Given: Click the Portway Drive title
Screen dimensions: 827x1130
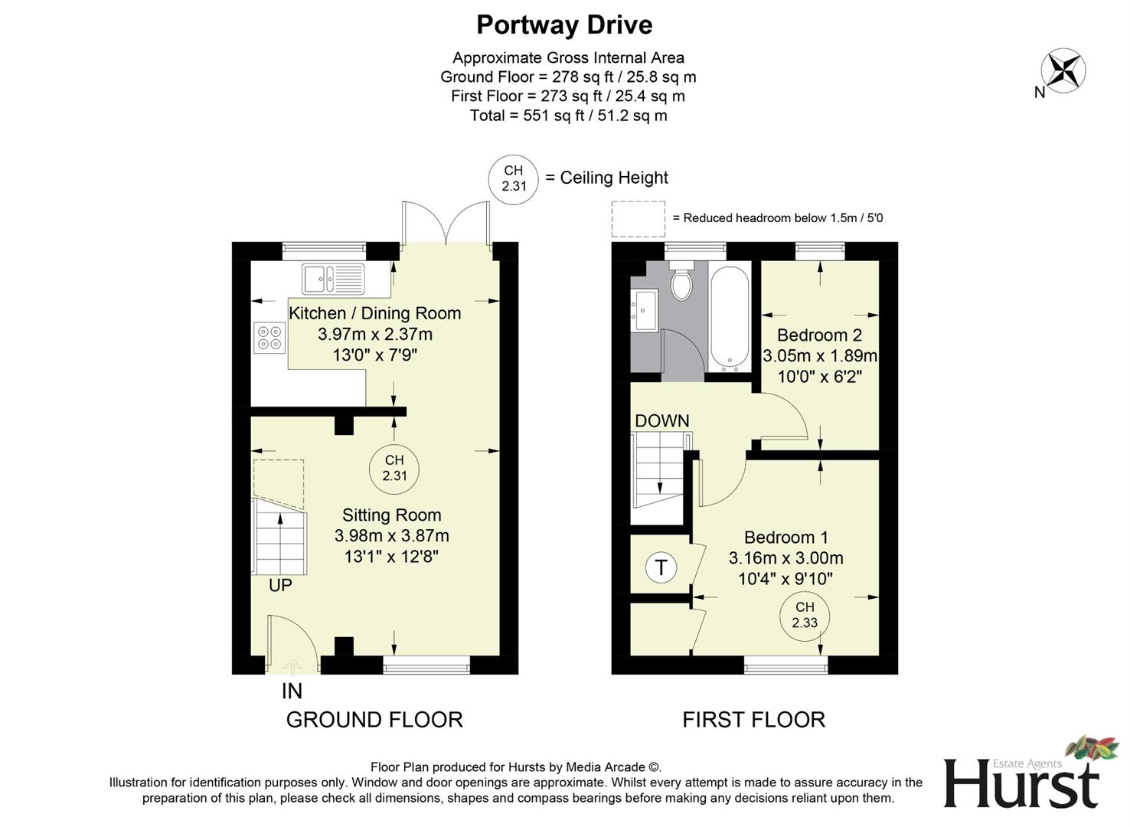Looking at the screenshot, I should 564,25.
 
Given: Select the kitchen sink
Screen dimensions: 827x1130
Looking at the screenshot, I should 334,279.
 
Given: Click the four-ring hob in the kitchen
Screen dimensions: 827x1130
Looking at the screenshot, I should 269,337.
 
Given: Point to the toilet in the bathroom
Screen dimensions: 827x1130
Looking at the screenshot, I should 681,283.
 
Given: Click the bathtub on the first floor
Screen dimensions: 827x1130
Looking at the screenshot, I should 730,318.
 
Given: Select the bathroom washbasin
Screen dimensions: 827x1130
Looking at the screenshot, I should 643,310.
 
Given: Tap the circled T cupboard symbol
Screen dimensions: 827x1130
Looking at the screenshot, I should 661,568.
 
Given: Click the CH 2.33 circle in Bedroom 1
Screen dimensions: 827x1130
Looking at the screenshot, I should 805,615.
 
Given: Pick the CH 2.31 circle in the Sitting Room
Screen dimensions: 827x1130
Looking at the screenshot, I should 394,468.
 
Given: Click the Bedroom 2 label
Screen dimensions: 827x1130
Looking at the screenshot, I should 819,335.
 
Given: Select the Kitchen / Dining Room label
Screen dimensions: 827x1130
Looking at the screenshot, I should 374,313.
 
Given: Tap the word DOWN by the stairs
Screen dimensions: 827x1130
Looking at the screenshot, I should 661,420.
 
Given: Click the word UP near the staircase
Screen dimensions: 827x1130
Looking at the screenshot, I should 280,585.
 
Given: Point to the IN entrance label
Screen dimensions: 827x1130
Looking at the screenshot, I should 292,691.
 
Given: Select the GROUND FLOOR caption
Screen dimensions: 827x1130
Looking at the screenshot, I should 374,720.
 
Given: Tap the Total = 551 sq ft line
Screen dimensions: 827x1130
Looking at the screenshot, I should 568,116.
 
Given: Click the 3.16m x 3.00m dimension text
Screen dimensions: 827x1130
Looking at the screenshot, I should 785,558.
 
